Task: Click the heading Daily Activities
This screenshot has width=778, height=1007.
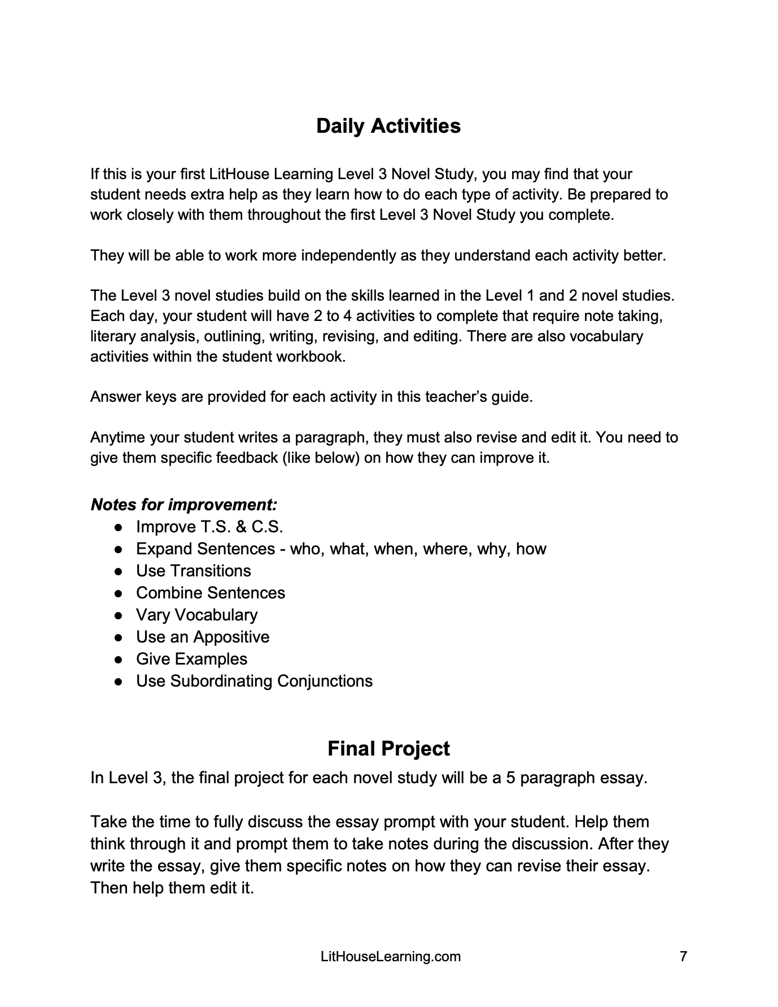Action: (x=388, y=125)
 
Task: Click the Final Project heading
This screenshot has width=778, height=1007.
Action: (x=388, y=748)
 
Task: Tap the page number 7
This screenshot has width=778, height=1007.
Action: (x=683, y=957)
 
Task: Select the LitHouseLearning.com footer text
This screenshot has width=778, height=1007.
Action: (x=390, y=957)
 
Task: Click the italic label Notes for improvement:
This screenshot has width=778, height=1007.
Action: (x=184, y=504)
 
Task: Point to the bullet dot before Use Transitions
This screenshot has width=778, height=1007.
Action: (x=119, y=571)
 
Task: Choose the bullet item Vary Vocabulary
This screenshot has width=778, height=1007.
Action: (x=196, y=615)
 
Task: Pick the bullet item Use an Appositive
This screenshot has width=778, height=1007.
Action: (x=203, y=637)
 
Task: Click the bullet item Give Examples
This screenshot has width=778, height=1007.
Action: (x=191, y=659)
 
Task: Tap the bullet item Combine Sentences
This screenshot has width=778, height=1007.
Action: (x=211, y=593)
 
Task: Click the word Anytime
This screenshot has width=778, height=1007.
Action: (x=118, y=437)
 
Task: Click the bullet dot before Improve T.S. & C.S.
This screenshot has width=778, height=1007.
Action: (x=119, y=527)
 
